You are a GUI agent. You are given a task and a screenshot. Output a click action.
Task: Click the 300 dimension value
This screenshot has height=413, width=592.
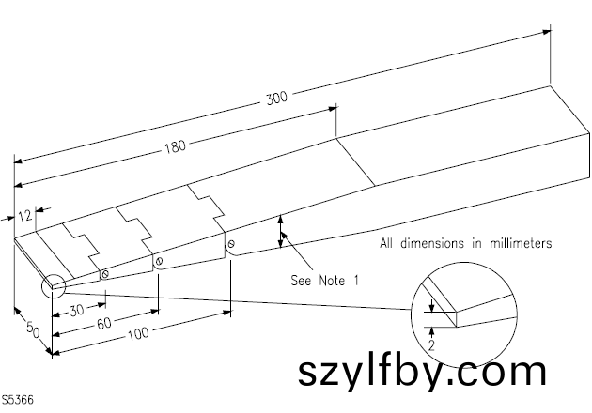coord(276,97)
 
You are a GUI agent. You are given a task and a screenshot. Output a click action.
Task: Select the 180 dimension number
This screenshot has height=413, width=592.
coord(175,148)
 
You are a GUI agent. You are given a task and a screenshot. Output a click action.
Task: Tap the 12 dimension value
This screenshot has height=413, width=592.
coord(25,216)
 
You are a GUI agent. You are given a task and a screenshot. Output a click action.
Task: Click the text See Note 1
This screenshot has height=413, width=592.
coord(325,279)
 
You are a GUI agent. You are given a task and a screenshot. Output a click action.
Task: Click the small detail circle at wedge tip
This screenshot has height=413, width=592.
coord(51,283)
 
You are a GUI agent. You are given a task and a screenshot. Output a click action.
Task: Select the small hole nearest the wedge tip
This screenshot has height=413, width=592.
coord(105,274)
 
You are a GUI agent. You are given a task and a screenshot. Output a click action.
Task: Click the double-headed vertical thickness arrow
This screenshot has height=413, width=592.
coord(280,231)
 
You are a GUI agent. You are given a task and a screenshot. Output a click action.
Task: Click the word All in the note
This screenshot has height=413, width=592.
coord(386,243)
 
